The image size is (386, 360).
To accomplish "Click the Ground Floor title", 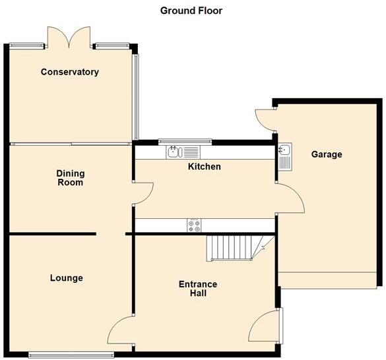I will coord(191,11).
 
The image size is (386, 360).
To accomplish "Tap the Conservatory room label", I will coord(69,72).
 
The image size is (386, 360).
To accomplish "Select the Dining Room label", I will coord(70,177).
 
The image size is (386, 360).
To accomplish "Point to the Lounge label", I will coord(67,278).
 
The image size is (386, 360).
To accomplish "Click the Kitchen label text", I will coord(205,167).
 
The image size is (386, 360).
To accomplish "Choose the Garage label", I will coord(327,154).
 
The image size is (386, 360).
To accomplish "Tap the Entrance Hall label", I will coord(198,289).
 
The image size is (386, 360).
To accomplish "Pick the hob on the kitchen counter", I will coord(195,225).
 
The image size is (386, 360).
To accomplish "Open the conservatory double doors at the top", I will coord(69,37).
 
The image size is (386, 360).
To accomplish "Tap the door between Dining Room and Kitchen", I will coord(144,191).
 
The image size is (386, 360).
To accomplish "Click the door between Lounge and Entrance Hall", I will coord(121,330).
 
